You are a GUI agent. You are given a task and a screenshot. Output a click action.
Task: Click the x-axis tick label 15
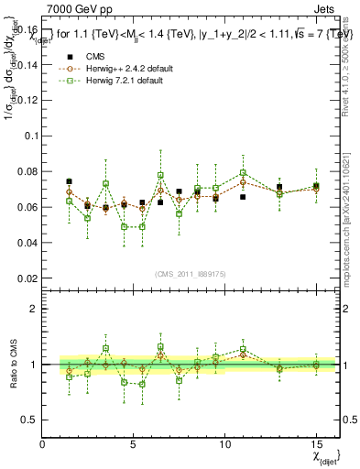click(x=316, y=444)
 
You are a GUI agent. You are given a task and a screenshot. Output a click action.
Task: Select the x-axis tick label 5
click(x=134, y=444)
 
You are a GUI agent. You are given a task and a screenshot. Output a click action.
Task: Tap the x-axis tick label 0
click(x=43, y=444)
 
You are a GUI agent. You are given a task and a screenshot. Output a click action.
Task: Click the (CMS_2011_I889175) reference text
click(x=190, y=274)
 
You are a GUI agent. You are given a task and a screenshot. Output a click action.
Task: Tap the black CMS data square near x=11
click(x=243, y=196)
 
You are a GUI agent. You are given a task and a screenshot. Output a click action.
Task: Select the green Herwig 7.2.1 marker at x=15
click(x=316, y=186)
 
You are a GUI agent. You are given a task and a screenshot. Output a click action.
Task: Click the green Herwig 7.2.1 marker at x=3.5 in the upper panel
click(x=105, y=183)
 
